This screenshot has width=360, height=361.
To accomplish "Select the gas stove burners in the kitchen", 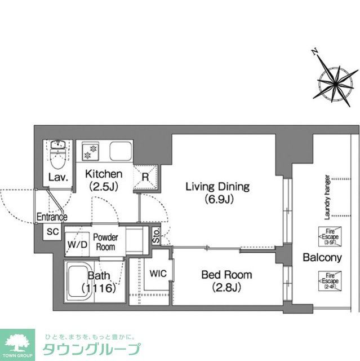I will pos(90,152).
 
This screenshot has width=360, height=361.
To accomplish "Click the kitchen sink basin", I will pos(121,152).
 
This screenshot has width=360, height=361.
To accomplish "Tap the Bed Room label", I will pos(227,280).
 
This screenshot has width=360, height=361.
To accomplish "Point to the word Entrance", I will pos(52,217).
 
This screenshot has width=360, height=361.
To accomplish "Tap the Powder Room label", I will pos(105,242).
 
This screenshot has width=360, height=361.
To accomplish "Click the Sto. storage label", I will pos(156,236).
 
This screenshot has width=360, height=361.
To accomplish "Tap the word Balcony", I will pos(322,258).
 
